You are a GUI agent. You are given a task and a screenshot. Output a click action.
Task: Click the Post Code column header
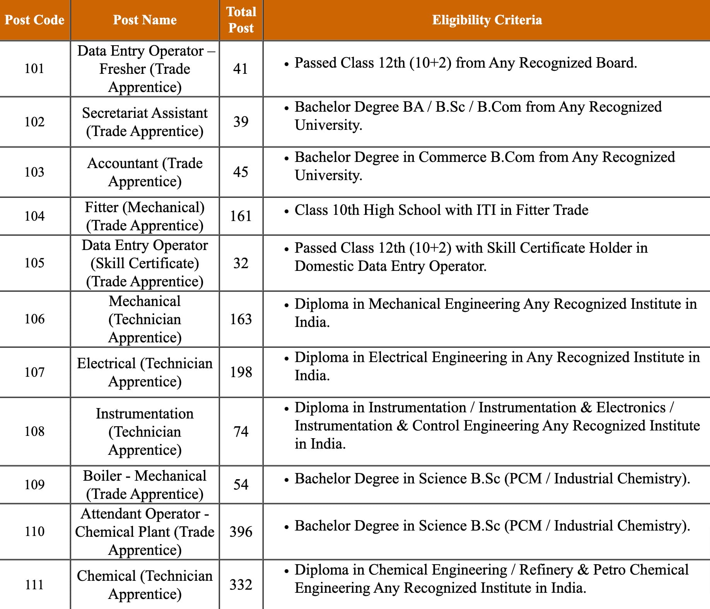pos(34,20)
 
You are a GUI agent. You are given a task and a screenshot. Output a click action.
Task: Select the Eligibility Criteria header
pos(487,20)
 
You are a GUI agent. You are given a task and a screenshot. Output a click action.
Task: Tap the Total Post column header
pos(241,20)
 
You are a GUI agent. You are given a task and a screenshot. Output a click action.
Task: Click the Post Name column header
pos(145,20)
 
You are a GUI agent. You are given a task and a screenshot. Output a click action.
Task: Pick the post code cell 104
pos(34,216)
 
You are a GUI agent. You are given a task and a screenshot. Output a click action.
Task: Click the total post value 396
pos(241,532)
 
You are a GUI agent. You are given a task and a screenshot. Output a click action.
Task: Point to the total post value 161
pos(241,216)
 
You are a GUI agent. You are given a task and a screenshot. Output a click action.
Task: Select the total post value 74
pos(241,431)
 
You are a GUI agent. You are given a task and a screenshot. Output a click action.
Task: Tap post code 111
pos(34,585)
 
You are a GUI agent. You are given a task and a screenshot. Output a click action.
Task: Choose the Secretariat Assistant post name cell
pos(145,122)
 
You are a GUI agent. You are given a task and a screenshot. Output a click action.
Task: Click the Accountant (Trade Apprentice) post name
pos(145,172)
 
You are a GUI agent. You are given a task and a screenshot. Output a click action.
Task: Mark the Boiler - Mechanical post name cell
pos(145,485)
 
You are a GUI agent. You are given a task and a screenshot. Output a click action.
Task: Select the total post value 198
pos(241,372)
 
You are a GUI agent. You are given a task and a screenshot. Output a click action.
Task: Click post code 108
pos(34,431)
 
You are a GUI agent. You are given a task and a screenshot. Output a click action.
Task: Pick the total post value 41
pos(241,69)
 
